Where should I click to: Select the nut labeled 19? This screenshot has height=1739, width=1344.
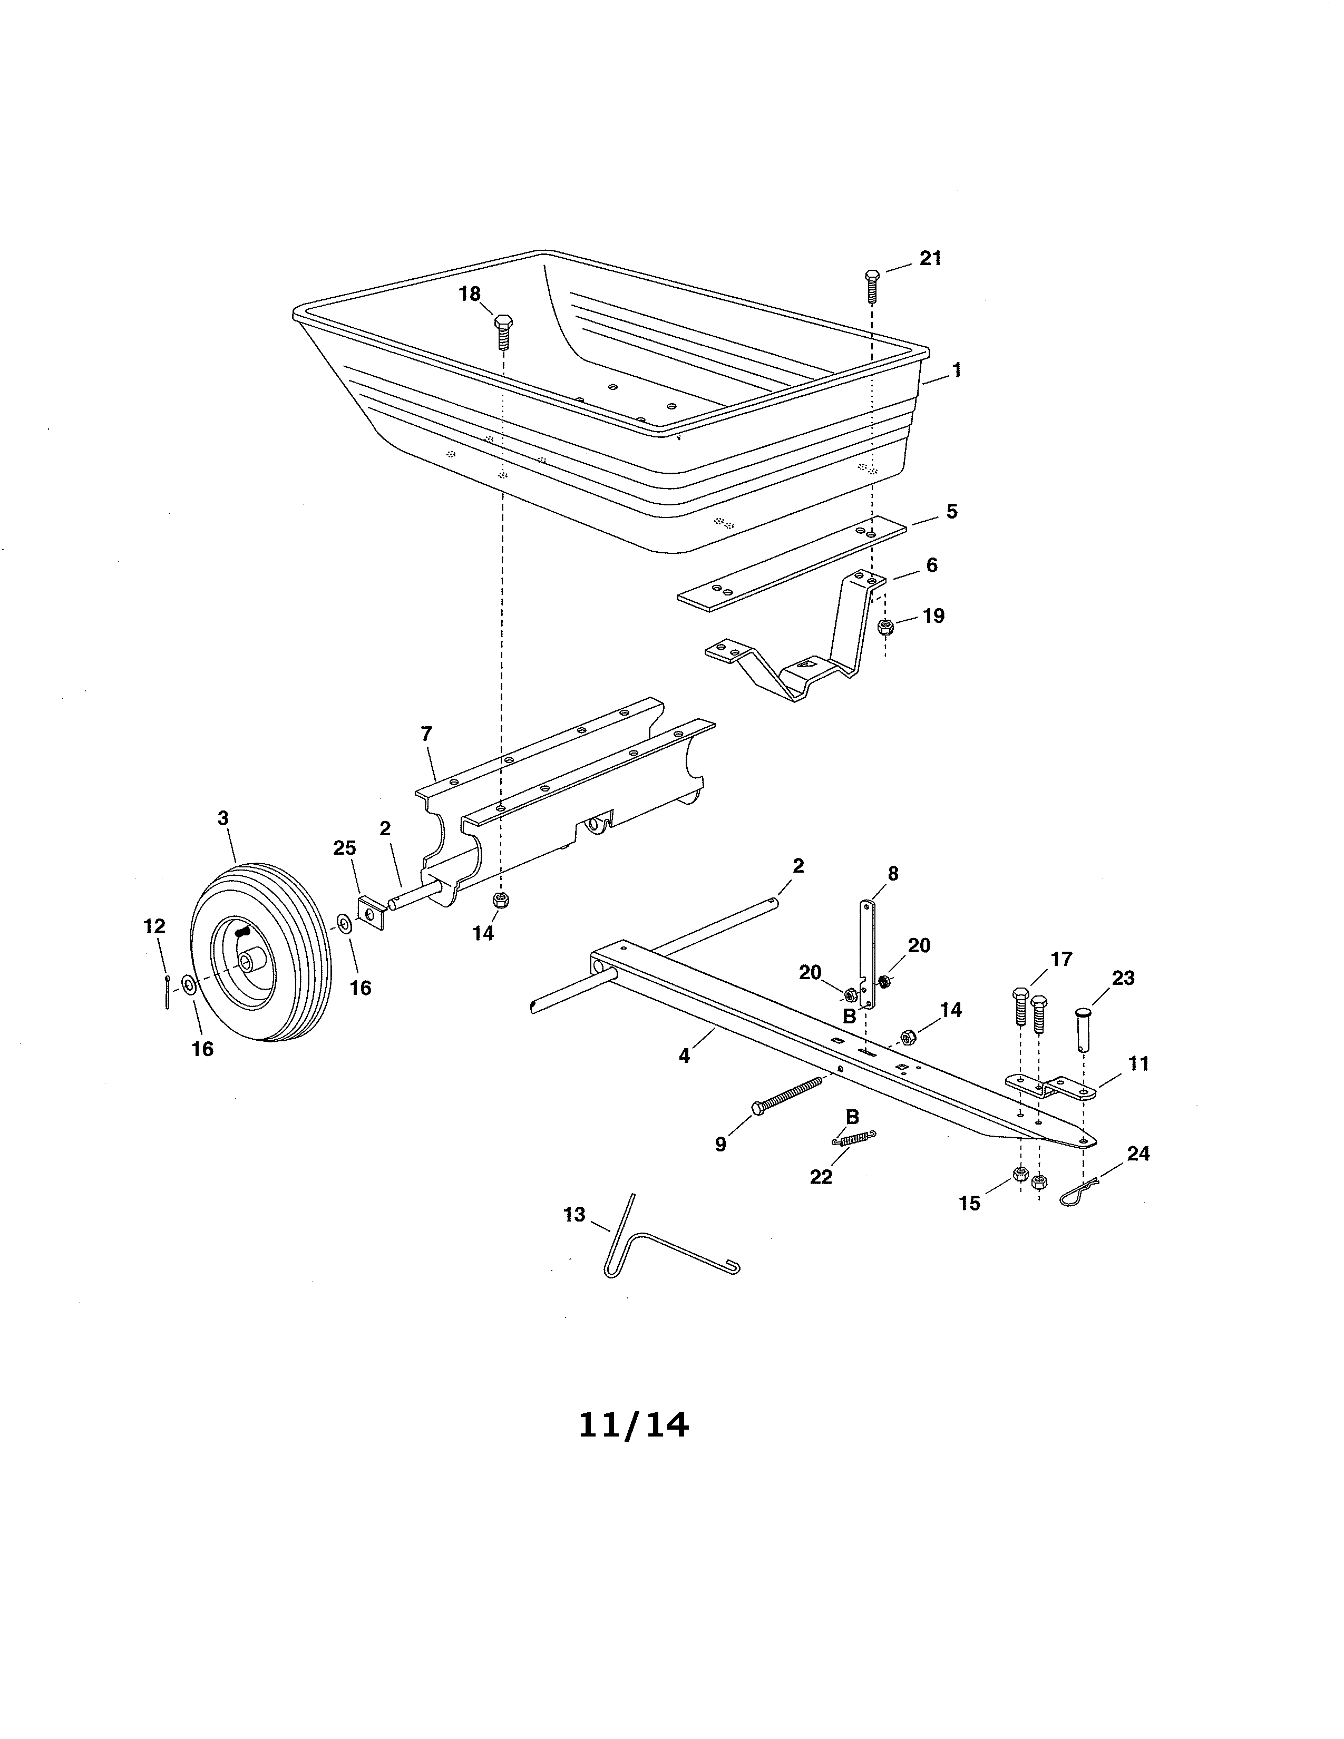click(884, 627)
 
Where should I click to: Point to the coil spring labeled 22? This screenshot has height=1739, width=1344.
click(853, 1139)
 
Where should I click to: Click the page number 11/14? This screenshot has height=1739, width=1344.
click(634, 1425)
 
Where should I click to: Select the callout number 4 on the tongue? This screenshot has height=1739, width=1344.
click(684, 1056)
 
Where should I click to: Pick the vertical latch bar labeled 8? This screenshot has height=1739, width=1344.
click(867, 954)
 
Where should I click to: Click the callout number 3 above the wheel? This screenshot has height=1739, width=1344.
click(223, 818)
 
